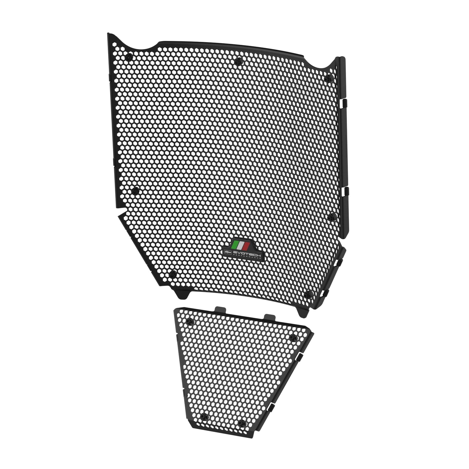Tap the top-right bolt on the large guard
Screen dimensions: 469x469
pos(329,78)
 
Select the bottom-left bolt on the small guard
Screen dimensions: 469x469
pos(204,417)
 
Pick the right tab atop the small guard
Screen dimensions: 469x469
pos(269,316)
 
